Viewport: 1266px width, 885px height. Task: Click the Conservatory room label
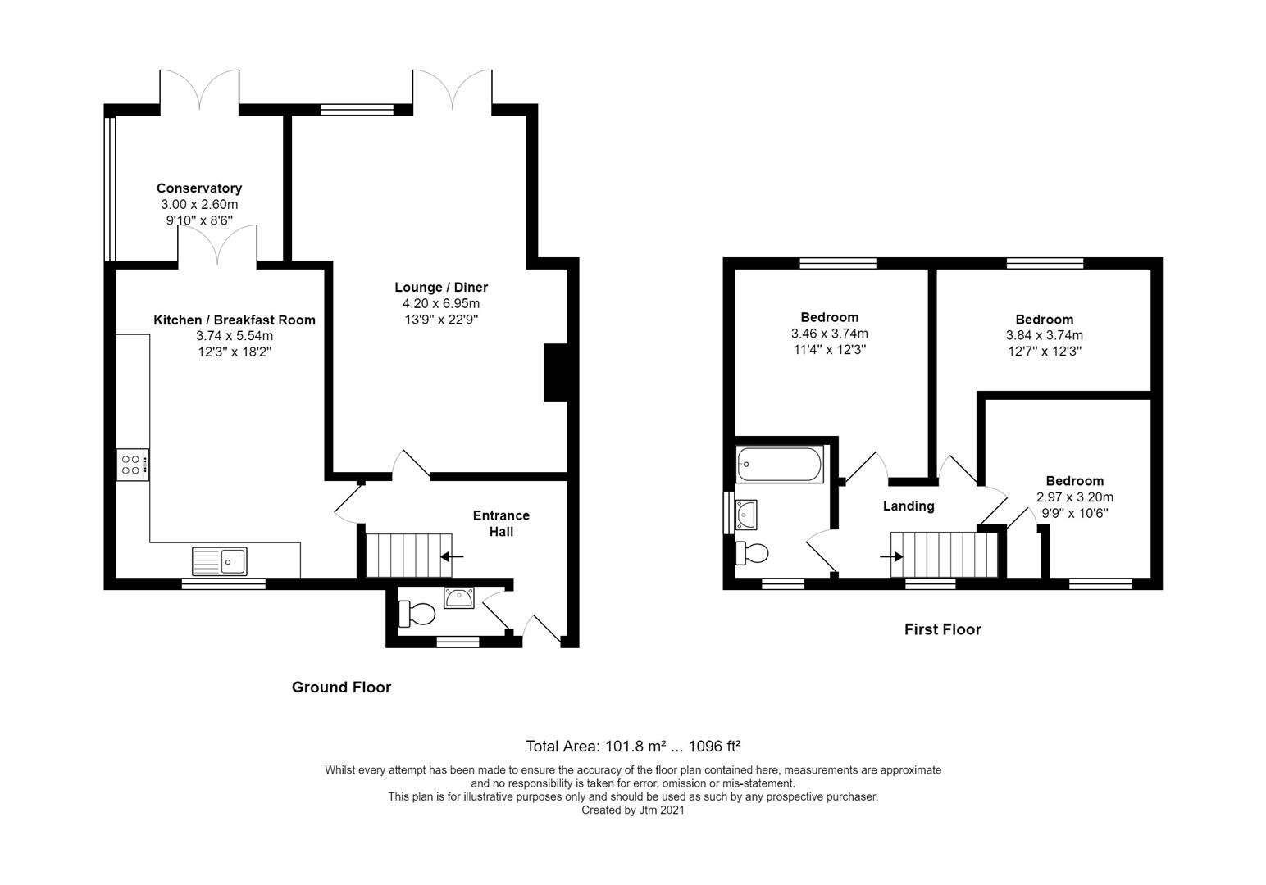tap(199, 188)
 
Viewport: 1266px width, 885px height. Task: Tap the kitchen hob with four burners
tap(132, 465)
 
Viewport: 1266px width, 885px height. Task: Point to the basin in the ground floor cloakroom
tap(458, 598)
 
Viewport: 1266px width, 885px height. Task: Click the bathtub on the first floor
tap(778, 464)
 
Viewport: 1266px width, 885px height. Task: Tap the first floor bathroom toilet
tap(752, 553)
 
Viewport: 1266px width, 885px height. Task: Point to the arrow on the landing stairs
tap(891, 556)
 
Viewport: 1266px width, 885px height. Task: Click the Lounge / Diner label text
tap(441, 288)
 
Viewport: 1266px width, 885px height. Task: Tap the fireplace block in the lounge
tap(555, 372)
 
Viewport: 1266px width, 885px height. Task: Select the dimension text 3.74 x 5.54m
tap(235, 336)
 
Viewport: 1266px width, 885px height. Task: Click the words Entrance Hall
tap(501, 524)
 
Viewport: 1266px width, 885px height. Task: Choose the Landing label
tap(909, 506)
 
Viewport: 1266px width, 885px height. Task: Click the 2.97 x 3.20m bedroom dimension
tap(1074, 497)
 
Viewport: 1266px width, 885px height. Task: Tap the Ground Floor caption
tap(341, 688)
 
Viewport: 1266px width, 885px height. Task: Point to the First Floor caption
tap(942, 629)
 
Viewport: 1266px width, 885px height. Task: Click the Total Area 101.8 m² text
tap(633, 747)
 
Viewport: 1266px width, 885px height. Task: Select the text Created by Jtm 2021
tap(632, 810)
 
